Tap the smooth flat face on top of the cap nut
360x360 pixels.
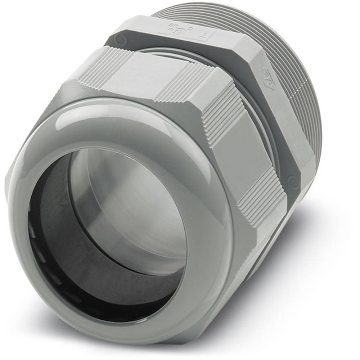(x=144, y=77)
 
